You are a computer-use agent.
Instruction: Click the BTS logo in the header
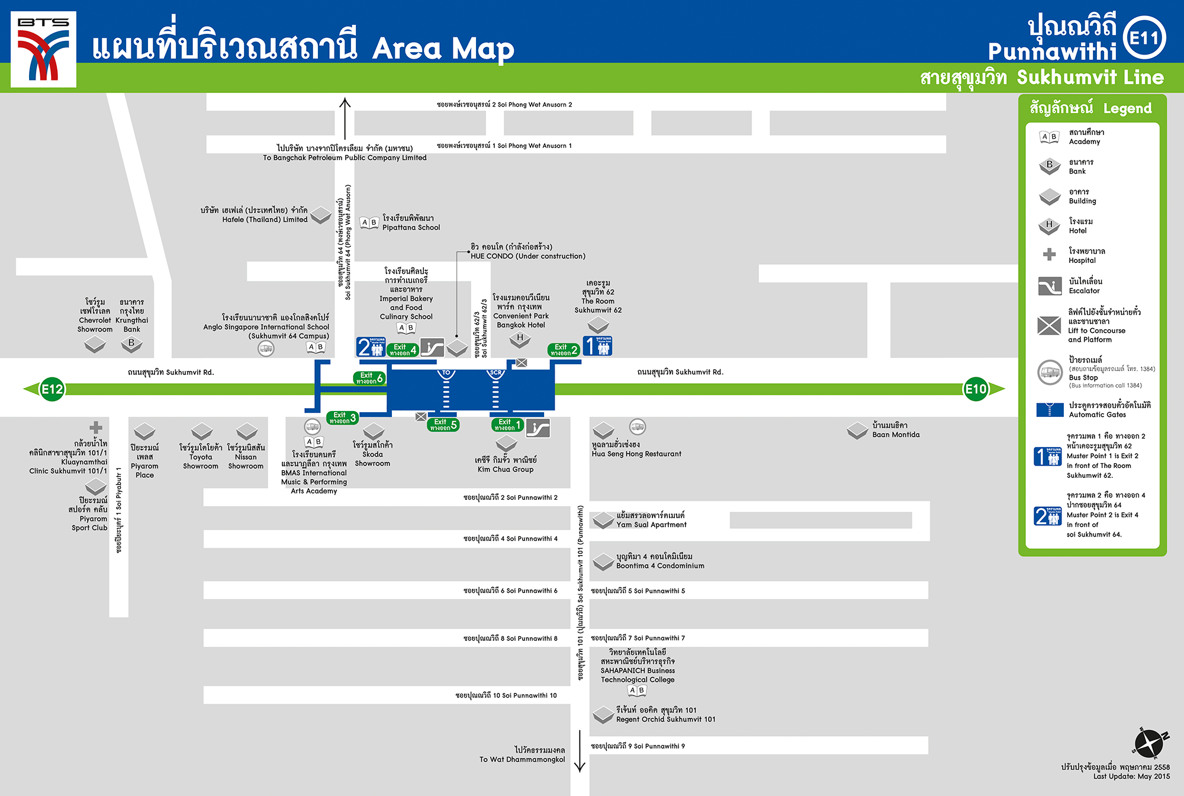click(43, 49)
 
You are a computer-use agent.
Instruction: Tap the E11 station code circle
click(1144, 38)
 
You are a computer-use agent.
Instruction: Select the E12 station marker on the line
click(52, 389)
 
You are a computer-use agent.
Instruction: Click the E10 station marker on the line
click(976, 389)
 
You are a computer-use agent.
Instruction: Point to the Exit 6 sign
click(369, 378)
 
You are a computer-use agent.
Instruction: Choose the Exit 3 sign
click(342, 418)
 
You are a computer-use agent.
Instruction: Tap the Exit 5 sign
click(443, 425)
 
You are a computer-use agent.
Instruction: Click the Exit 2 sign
click(564, 350)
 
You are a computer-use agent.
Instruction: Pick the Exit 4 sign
click(403, 350)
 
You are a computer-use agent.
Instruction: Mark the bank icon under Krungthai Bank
click(131, 344)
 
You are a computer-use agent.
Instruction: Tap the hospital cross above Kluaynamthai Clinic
click(96, 428)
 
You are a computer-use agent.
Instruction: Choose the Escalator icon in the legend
click(1050, 286)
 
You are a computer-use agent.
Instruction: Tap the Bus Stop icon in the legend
click(1050, 373)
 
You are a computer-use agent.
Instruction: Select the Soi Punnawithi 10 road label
click(506, 695)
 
